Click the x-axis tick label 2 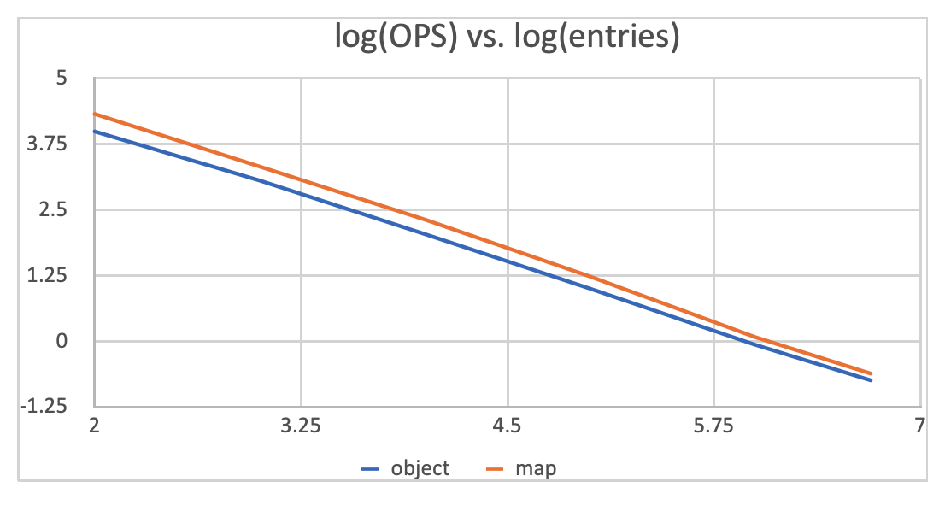[94, 425]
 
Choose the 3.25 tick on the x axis [301, 425]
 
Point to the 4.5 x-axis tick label [508, 425]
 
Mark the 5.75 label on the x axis [714, 425]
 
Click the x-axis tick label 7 [919, 425]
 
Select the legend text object [420, 468]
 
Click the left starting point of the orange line [95, 114]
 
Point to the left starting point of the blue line [95, 131]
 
